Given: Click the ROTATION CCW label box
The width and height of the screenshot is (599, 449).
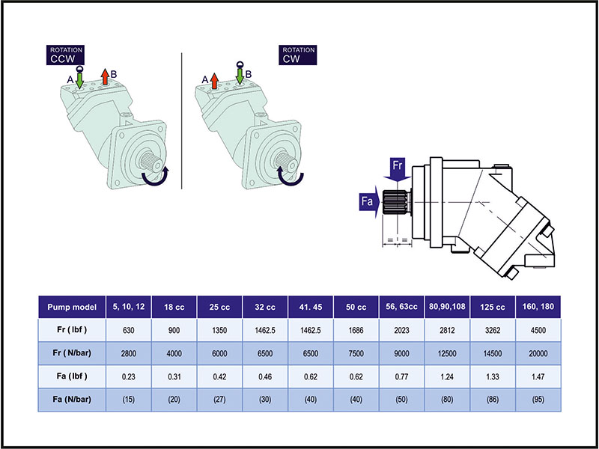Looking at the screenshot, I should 67,54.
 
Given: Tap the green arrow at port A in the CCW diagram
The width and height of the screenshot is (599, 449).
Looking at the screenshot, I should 79,80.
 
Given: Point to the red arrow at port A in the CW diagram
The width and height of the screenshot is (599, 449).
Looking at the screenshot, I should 214,80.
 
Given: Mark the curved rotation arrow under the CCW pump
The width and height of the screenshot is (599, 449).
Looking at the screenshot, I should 156,177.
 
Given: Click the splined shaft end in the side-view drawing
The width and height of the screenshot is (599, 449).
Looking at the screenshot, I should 395,203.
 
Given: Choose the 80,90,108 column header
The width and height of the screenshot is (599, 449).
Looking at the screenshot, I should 447,307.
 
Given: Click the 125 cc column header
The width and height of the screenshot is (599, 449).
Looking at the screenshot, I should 493,307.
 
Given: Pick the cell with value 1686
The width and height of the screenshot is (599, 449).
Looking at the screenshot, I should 356,330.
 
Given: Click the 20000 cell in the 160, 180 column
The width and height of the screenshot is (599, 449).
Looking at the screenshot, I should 538,353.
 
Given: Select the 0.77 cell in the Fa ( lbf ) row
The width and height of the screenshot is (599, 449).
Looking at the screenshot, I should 402,376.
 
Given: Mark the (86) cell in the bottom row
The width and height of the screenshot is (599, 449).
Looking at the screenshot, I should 493,400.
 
